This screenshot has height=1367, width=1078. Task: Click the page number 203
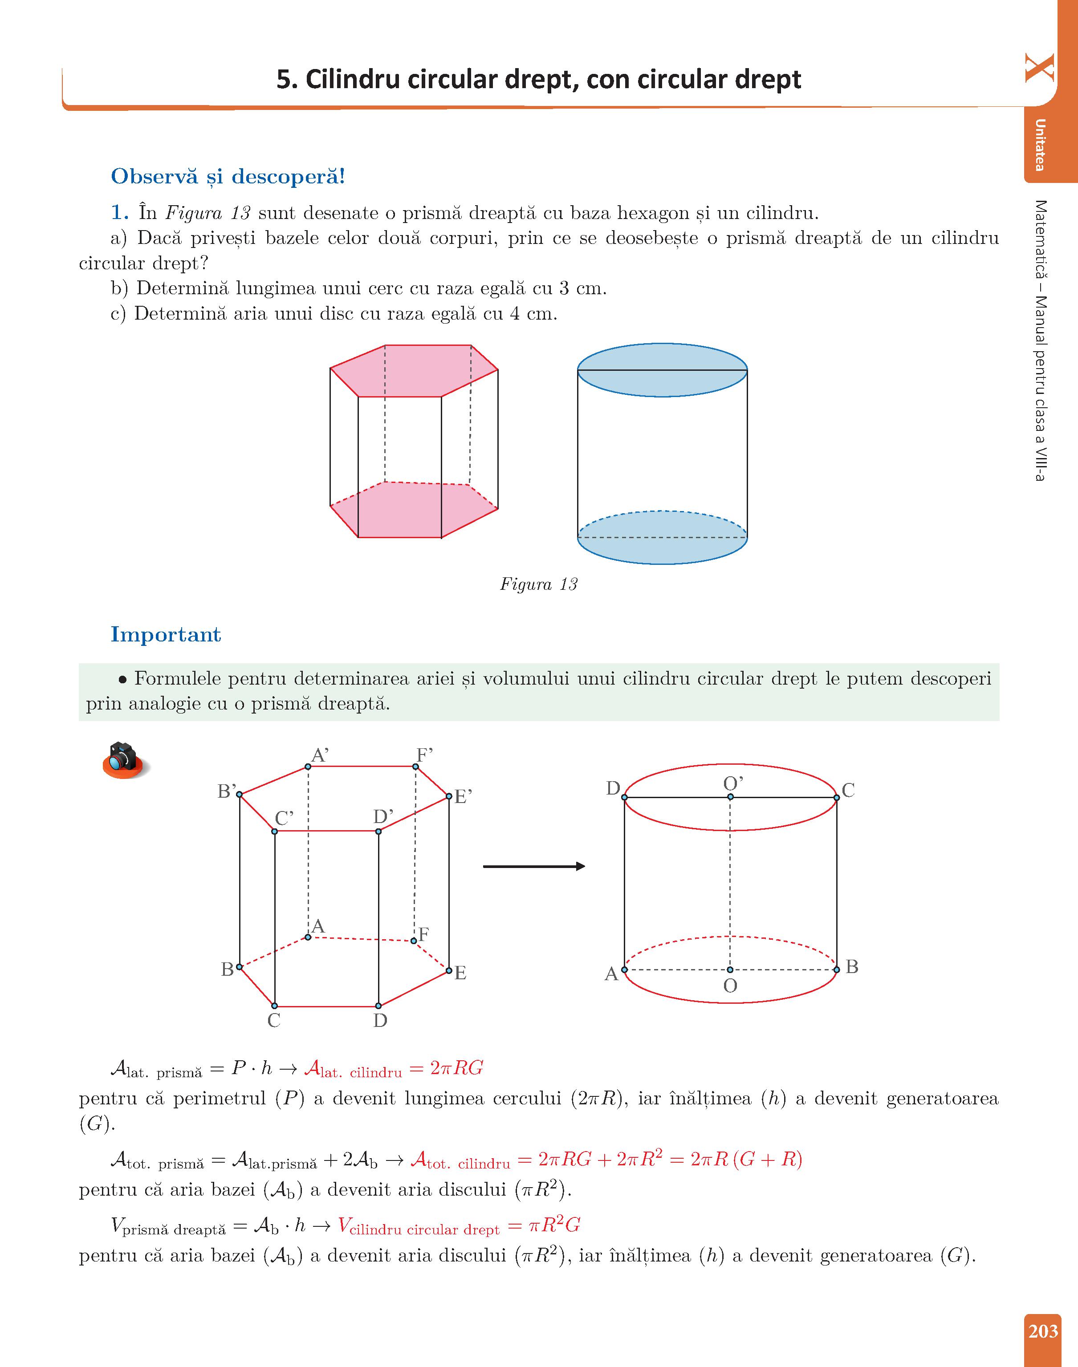click(x=1043, y=1331)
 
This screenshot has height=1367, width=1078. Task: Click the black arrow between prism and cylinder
click(x=533, y=866)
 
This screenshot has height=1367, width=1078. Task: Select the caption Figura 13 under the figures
click(x=538, y=584)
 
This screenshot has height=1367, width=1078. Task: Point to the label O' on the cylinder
click(x=733, y=783)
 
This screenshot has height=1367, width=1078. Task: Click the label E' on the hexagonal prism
click(x=463, y=797)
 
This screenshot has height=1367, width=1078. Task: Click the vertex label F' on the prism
click(x=424, y=755)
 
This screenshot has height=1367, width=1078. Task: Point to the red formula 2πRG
click(x=456, y=1068)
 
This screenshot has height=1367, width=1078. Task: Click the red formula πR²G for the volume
click(x=553, y=1225)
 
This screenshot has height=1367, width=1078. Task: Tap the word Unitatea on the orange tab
click(x=1040, y=145)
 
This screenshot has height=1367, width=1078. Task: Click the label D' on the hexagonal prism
click(x=382, y=817)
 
